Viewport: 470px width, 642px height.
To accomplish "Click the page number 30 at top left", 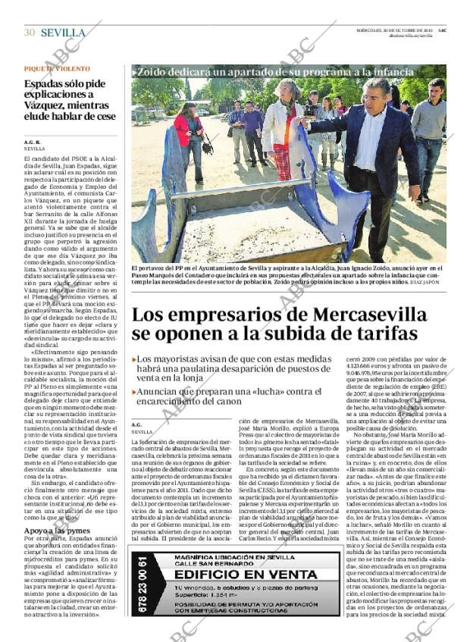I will pos(30,33).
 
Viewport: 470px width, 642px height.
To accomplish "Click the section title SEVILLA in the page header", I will pos(63,33).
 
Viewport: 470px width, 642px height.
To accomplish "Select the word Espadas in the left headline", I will pos(47,85).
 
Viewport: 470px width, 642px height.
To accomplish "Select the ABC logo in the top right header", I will pos(442,30).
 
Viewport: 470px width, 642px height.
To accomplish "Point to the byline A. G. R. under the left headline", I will pos(32,142).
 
